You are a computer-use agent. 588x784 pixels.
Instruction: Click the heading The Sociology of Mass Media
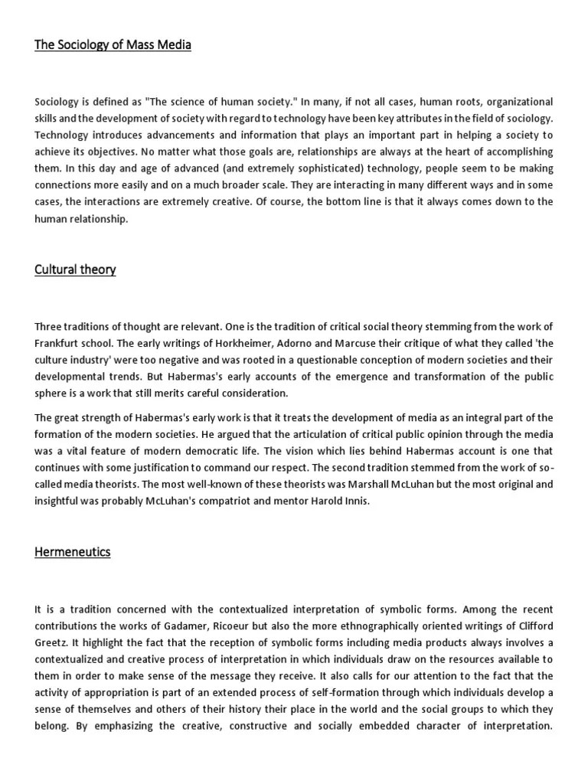[113, 45]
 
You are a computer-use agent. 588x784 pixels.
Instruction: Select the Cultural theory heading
[75, 269]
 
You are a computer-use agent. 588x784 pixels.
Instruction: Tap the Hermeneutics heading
[73, 551]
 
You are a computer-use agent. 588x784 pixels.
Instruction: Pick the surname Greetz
[52, 643]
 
